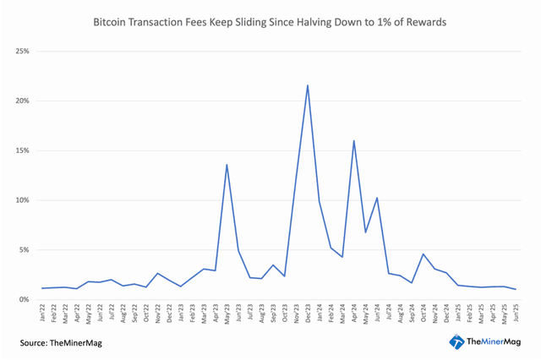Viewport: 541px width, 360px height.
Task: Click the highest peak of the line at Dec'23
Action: (307, 85)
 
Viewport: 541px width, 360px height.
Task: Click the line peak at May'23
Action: (227, 165)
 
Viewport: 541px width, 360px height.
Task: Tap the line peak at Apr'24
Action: (353, 140)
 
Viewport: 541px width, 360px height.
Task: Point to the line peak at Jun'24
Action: (376, 198)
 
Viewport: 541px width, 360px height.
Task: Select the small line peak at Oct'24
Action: (423, 254)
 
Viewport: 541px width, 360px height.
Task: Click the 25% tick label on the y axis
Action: (21, 52)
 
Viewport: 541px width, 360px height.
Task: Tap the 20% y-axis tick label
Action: (21, 101)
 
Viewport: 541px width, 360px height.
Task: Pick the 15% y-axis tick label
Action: (21, 150)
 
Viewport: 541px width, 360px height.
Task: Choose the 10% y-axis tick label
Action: (21, 200)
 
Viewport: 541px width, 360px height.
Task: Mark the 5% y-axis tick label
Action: (23, 250)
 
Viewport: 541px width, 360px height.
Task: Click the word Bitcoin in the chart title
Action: (113, 22)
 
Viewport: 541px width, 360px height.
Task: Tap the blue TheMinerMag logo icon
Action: (456, 341)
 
